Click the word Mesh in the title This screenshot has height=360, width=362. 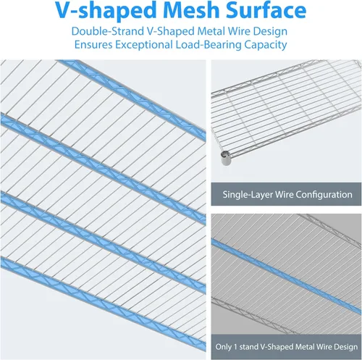pyautogui.click(x=191, y=10)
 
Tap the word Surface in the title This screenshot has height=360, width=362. pyautogui.click(x=266, y=10)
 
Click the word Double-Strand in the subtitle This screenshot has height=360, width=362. pyautogui.click(x=108, y=31)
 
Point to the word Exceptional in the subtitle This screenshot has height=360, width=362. pyautogui.click(x=143, y=45)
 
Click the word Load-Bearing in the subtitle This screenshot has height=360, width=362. pyautogui.click(x=209, y=45)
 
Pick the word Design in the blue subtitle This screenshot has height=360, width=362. pyautogui.click(x=271, y=31)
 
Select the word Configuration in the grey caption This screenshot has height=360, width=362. pyautogui.click(x=324, y=195)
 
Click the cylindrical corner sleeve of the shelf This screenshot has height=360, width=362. pyautogui.click(x=226, y=158)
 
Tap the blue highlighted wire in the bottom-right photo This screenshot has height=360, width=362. pyautogui.click(x=286, y=276)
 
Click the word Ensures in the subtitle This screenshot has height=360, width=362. pyautogui.click(x=93, y=45)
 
